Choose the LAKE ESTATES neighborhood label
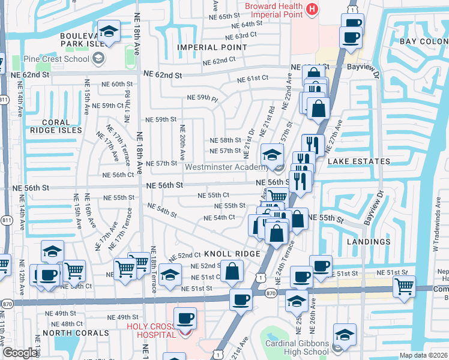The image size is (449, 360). (x=358, y=161)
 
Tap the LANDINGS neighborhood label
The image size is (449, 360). (x=369, y=242)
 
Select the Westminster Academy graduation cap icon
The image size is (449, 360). (x=272, y=154)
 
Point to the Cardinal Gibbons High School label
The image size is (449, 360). (x=297, y=348)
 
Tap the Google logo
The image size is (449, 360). (x=20, y=353)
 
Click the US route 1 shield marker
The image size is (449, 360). (x=259, y=277)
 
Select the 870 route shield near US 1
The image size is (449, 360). (x=270, y=292)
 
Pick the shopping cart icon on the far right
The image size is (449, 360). (x=405, y=286)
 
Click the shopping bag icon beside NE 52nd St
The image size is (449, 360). (x=232, y=271)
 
